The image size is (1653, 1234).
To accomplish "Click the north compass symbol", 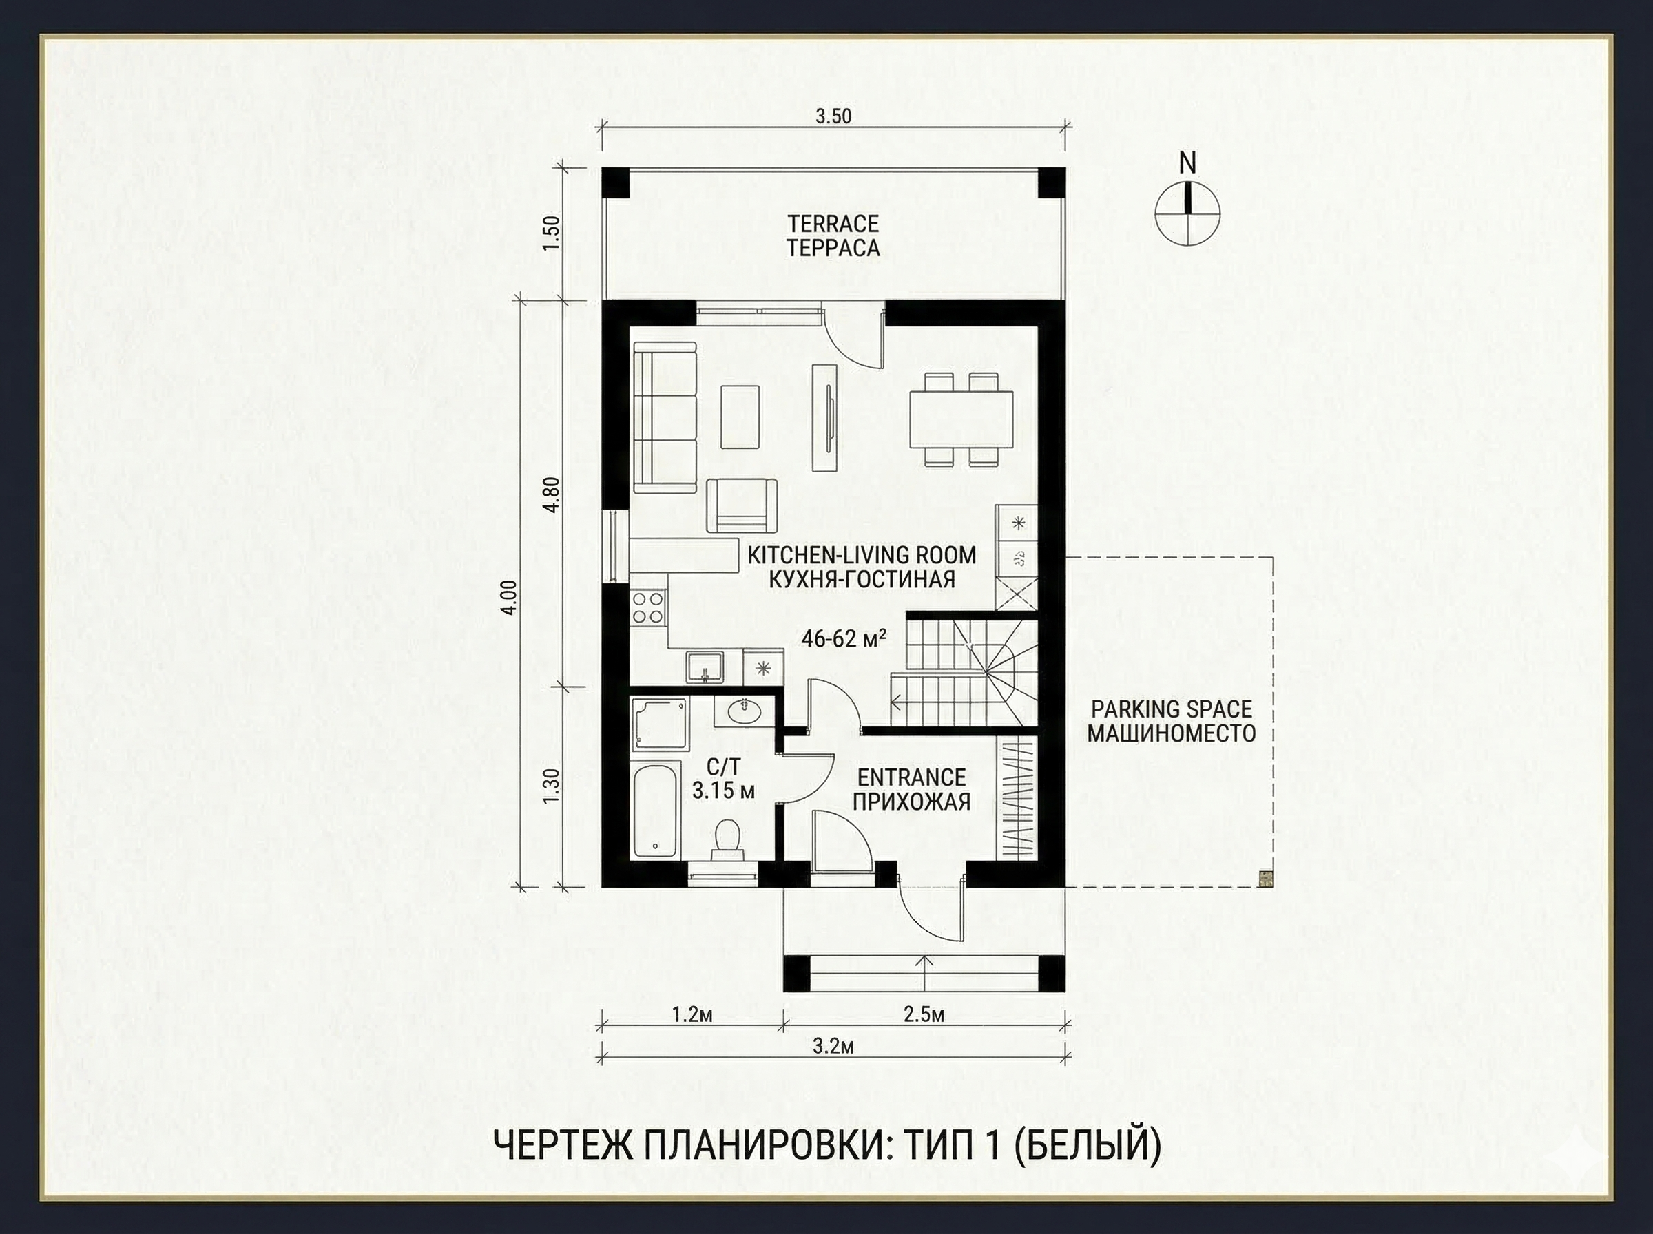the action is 1187,212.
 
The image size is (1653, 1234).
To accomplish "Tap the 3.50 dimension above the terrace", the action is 833,116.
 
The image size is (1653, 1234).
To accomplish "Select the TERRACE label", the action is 833,223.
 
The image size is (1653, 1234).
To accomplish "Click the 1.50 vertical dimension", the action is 551,236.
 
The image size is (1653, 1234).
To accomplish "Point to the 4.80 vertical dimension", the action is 551,494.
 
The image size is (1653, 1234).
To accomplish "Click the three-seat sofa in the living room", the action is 665,417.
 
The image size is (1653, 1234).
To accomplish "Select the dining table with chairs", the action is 961,419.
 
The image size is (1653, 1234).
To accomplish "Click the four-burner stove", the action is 648,607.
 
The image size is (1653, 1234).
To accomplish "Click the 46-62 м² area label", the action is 844,638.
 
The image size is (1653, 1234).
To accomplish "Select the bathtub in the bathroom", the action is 656,811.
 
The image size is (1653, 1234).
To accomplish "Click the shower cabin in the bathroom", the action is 660,723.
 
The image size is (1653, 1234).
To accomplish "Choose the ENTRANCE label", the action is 911,777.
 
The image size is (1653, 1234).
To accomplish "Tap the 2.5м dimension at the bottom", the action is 924,1014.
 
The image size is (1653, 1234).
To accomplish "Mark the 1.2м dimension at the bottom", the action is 692,1014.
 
